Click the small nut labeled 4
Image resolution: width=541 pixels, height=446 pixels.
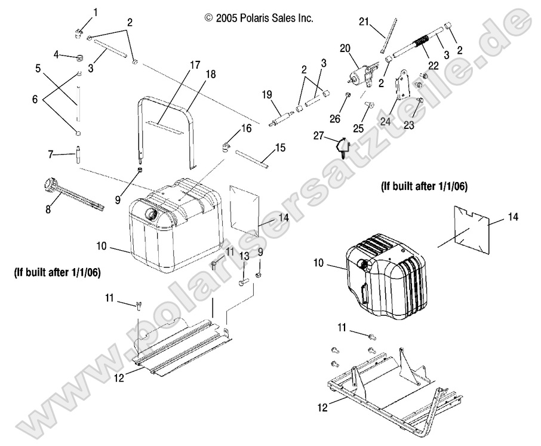click(x=78, y=57)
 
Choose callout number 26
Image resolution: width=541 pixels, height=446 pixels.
click(x=334, y=119)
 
